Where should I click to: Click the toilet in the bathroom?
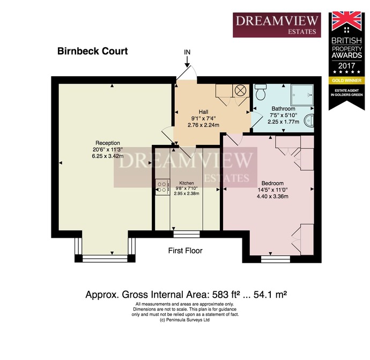(261, 92)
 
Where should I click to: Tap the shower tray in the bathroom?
(302, 95)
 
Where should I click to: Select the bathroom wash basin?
(309, 120)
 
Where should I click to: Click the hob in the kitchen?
(162, 187)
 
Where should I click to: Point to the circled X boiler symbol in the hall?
(240, 90)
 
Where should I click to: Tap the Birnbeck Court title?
(92, 51)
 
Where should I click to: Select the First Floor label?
(185, 251)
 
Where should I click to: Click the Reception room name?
(108, 143)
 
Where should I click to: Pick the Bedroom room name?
(272, 183)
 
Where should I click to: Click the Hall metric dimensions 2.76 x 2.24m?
(203, 125)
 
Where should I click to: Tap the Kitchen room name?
(187, 183)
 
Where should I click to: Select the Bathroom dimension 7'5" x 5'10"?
(284, 115)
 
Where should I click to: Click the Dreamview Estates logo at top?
(277, 25)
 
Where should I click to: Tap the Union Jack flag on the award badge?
(346, 21)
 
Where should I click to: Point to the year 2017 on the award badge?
(346, 65)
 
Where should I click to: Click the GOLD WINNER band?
(346, 80)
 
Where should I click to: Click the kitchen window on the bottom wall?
(187, 234)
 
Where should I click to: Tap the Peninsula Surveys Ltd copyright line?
(185, 320)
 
